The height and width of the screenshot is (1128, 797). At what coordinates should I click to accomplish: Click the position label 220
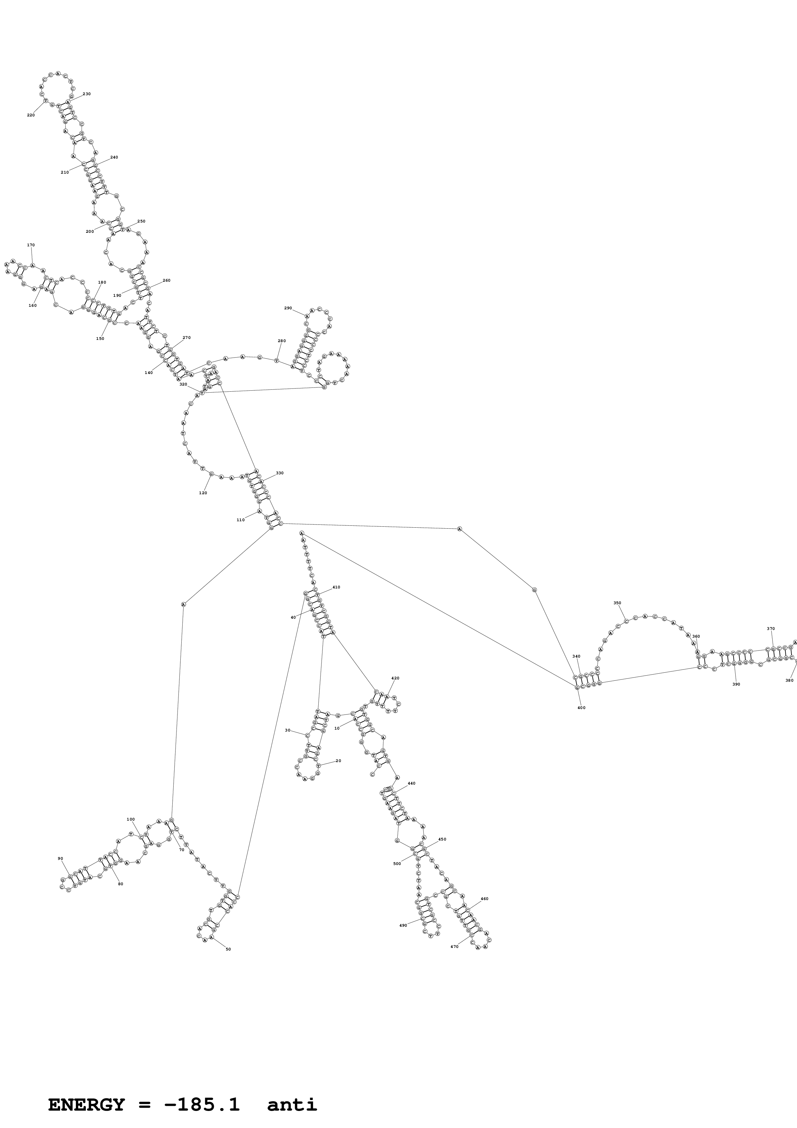pyautogui.click(x=31, y=115)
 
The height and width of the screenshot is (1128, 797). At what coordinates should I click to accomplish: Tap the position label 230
pyautogui.click(x=86, y=94)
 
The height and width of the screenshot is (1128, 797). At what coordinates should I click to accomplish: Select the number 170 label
pyautogui.click(x=31, y=245)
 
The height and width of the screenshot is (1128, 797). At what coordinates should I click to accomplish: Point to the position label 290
pyautogui.click(x=288, y=308)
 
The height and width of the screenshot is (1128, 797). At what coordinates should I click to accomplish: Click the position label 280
pyautogui.click(x=281, y=341)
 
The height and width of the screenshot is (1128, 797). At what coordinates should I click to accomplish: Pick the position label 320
pyautogui.click(x=183, y=384)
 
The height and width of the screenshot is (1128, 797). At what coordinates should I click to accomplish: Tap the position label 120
pyautogui.click(x=203, y=493)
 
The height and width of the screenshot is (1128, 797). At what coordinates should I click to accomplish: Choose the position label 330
pyautogui.click(x=279, y=473)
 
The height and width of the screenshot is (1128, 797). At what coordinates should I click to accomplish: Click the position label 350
pyautogui.click(x=617, y=603)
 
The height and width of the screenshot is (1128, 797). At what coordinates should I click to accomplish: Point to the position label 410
pyautogui.click(x=336, y=587)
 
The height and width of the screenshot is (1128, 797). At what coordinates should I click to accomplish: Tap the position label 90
pyautogui.click(x=60, y=817)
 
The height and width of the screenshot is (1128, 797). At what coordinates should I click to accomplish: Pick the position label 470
pyautogui.click(x=454, y=946)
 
